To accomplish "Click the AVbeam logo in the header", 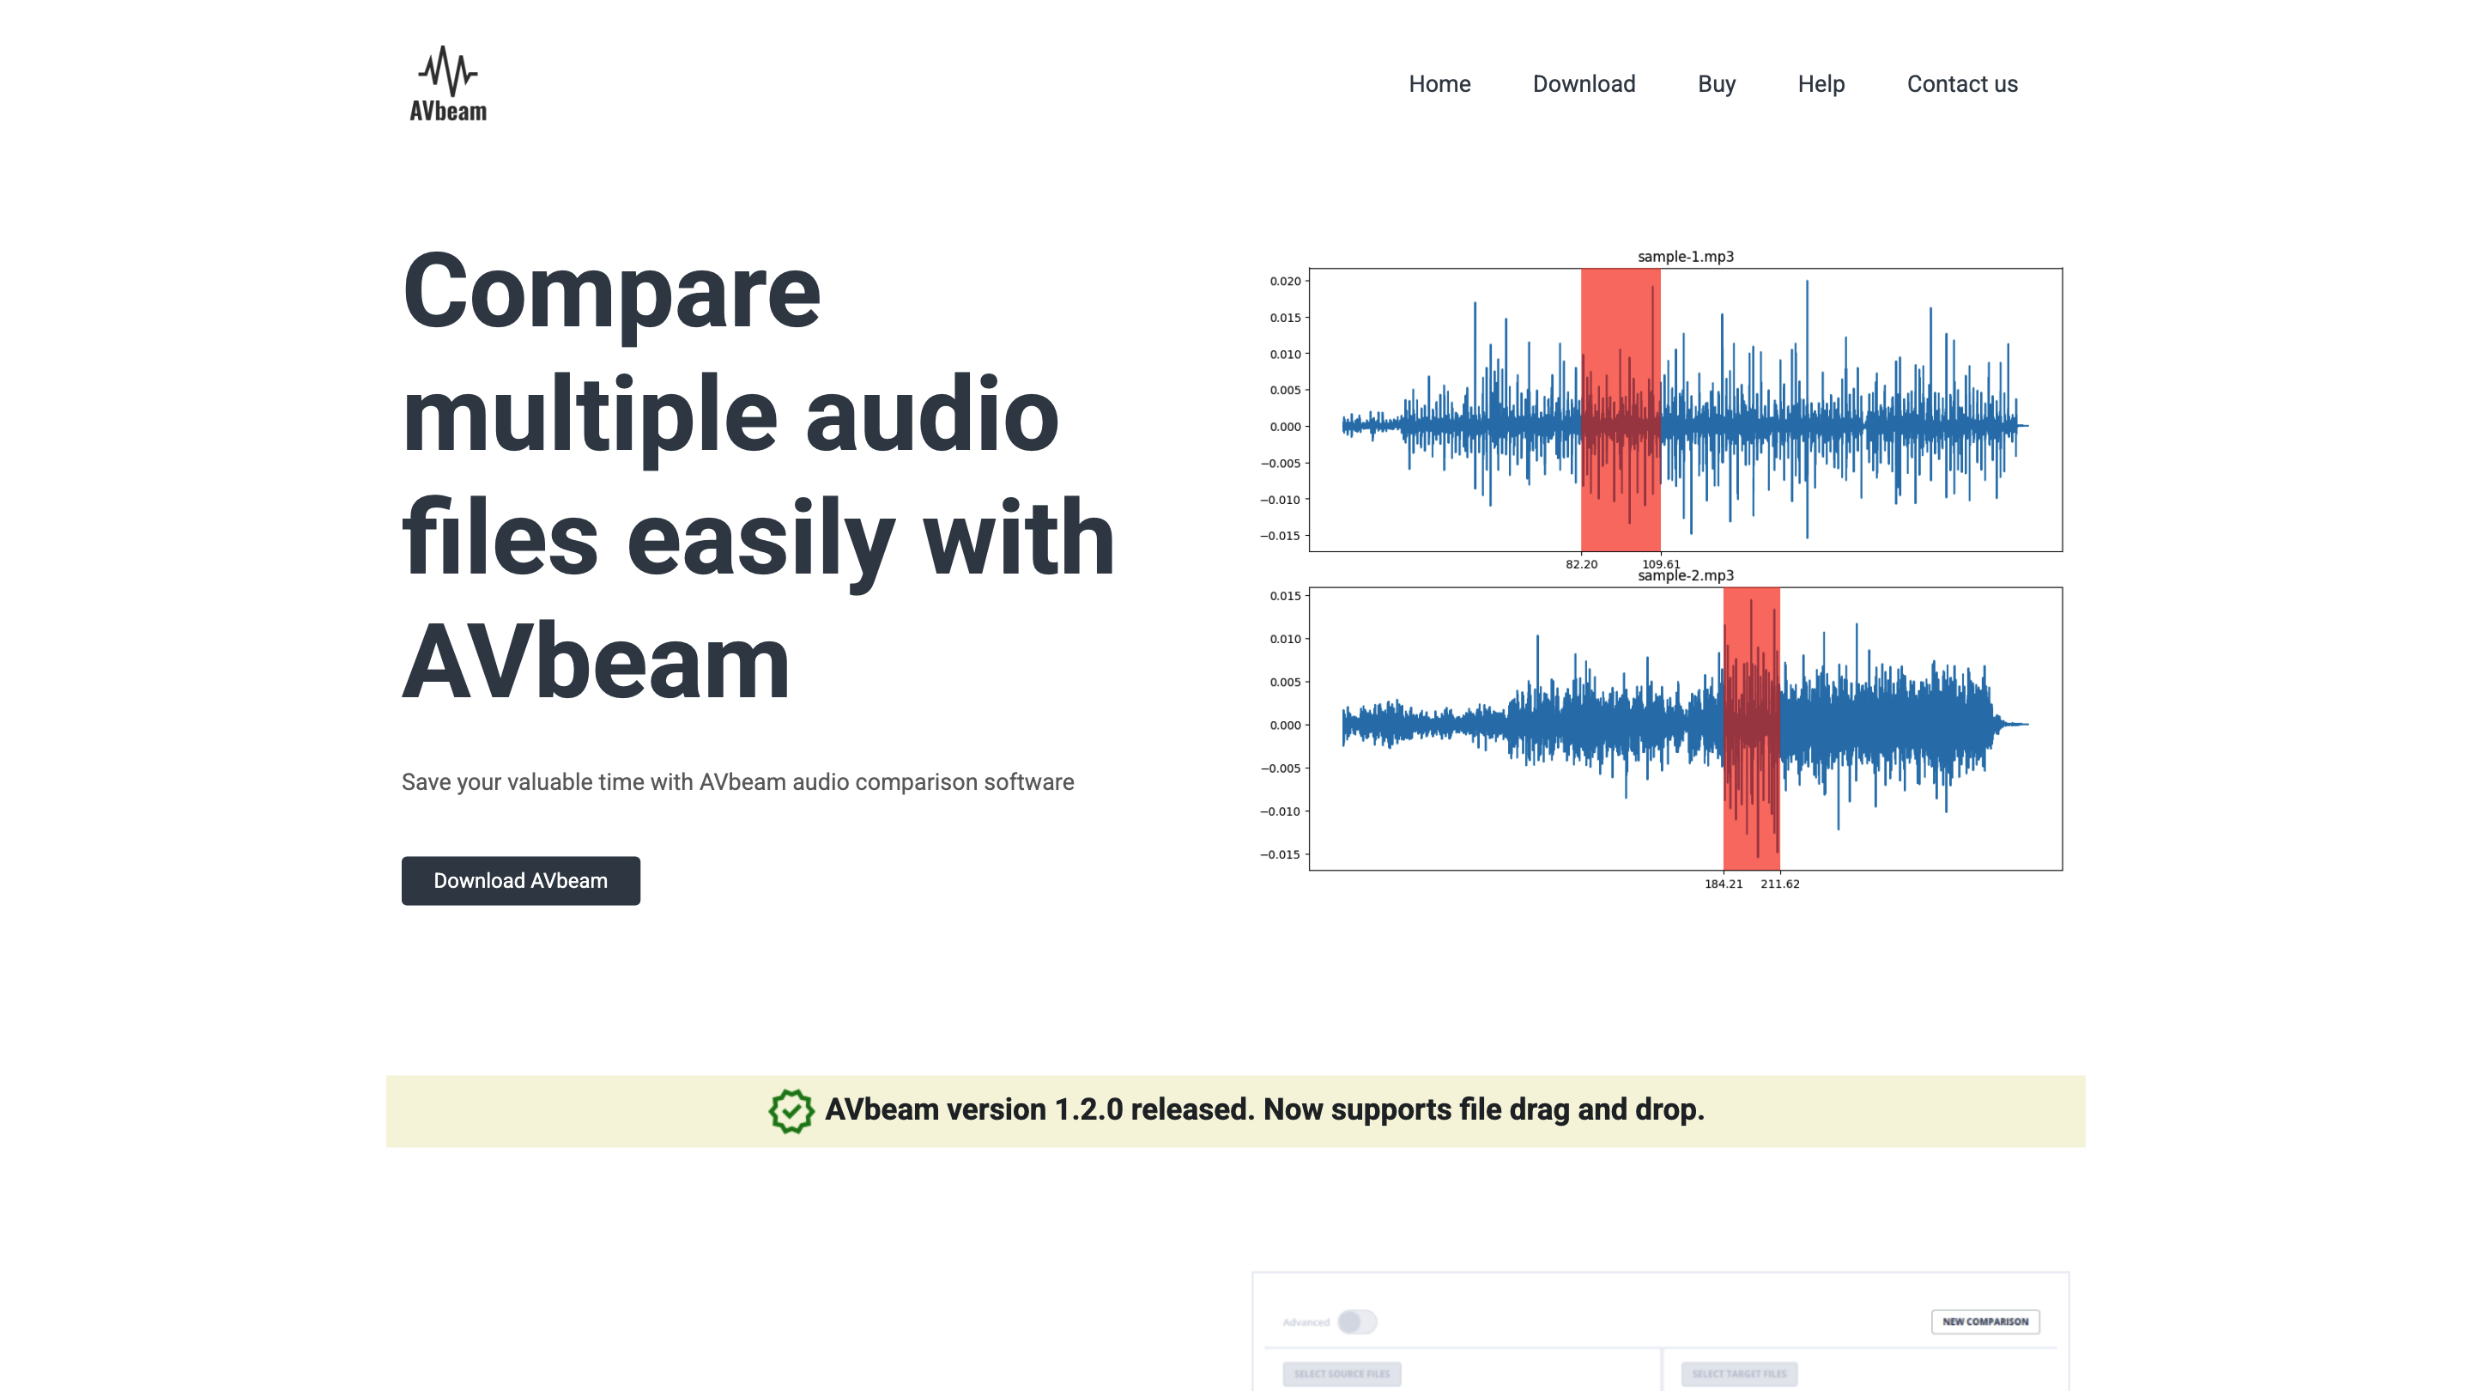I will tap(447, 84).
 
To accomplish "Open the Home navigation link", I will tap(1439, 84).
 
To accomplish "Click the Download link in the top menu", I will tap(1584, 84).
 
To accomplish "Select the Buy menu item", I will tap(1716, 84).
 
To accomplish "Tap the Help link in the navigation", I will tap(1821, 84).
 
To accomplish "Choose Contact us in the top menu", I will tap(1961, 84).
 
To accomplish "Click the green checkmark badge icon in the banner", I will tap(791, 1111).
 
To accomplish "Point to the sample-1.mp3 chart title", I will tap(1685, 257).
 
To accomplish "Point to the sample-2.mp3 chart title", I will tap(1685, 576).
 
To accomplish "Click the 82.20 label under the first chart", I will tap(1580, 564).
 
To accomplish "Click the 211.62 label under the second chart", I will tap(1779, 884).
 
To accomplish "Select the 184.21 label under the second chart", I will tap(1723, 884).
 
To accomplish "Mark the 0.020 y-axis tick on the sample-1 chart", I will tap(1285, 282).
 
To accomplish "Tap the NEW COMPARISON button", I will tap(1984, 1322).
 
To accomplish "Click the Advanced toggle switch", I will tap(1357, 1322).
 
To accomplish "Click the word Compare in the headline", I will tap(611, 291).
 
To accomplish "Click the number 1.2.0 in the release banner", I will tap(1088, 1109).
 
